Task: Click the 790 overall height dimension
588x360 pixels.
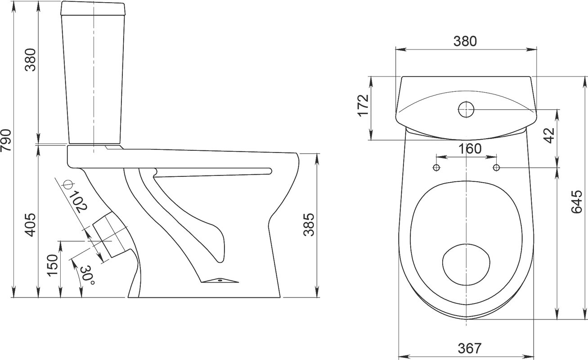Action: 6,140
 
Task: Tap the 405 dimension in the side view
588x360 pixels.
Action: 30,225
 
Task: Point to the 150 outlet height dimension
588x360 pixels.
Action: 52,265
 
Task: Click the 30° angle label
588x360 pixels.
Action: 87,276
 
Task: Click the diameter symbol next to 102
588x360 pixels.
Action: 67,184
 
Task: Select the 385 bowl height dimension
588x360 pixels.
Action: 309,225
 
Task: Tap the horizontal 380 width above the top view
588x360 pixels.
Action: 465,41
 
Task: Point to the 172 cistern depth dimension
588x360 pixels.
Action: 364,105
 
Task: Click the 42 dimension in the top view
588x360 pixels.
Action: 548,135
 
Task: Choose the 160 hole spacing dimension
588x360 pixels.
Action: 470,148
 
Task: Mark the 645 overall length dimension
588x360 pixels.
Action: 577,202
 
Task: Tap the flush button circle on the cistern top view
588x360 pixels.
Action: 466,109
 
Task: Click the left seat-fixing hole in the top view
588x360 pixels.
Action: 436,167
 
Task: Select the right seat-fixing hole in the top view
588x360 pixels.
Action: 496,167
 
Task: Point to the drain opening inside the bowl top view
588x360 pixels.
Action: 466,265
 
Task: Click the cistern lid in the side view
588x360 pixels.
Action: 93,9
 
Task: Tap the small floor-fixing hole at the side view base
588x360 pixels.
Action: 220,280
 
